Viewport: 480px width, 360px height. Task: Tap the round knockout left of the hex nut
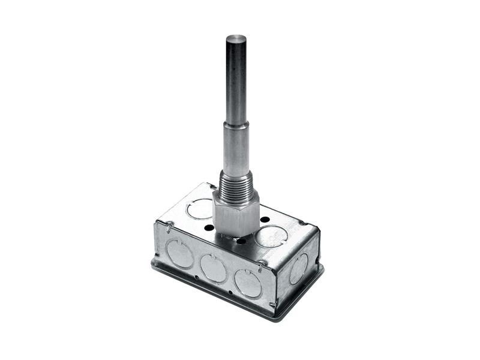pos(200,208)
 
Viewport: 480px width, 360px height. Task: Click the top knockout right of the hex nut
pos(271,235)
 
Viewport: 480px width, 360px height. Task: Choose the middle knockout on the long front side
pos(214,268)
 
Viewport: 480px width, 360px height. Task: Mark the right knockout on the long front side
pos(248,283)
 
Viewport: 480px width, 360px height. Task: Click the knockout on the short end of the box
pos(298,268)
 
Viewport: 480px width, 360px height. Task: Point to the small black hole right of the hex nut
pos(265,220)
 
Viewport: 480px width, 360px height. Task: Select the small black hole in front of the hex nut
pos(241,241)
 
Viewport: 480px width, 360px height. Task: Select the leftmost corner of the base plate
pos(152,262)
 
